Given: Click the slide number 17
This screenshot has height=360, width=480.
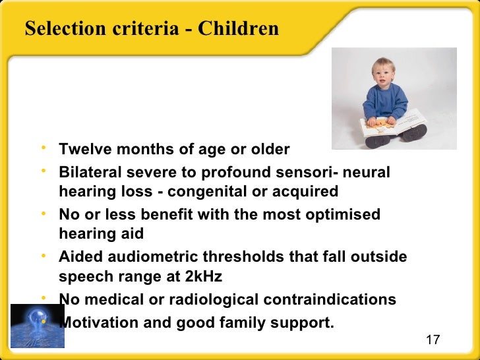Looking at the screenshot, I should pos(433,340).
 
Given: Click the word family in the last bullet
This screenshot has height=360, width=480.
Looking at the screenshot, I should pos(253,323).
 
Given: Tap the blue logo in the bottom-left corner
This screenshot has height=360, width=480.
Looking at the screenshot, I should pos(37,324).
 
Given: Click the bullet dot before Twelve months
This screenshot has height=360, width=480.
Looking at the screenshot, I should pos(43,148).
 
